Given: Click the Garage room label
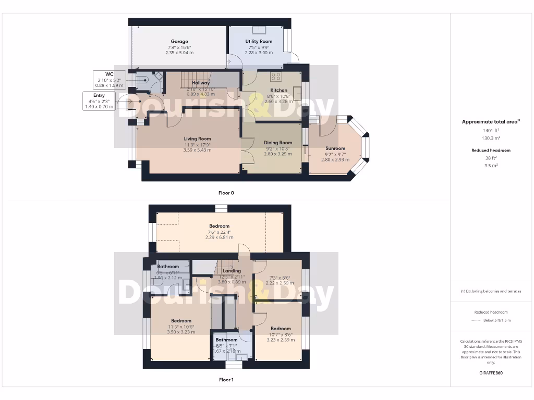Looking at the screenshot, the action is (179, 42).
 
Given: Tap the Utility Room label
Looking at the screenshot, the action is (259, 42).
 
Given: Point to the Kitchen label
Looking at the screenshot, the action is (278, 90).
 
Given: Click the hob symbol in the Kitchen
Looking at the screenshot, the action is (275, 77).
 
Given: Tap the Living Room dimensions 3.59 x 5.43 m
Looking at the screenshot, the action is (197, 150).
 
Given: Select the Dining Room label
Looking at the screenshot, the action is (277, 143).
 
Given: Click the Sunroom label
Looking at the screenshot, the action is (335, 148).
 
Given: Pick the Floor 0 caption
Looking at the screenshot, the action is (226, 193).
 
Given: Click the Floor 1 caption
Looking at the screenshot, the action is (226, 380).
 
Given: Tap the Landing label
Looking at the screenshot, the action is (232, 271).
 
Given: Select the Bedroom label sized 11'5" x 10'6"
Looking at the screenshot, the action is (181, 321).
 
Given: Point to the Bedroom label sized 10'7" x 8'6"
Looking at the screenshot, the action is (280, 329).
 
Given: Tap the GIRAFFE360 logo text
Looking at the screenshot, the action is (491, 373).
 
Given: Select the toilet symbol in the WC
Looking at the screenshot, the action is (143, 79).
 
